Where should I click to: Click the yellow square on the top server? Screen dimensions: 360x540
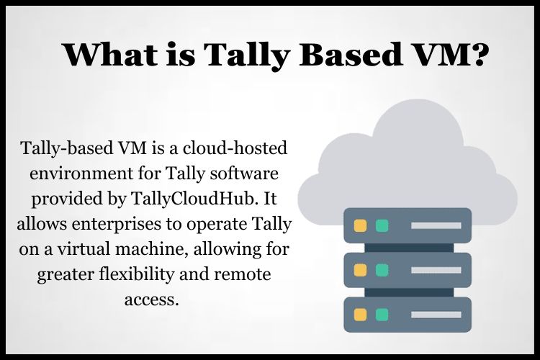coord(360,225)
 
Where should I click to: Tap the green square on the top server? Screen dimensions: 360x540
coord(382,225)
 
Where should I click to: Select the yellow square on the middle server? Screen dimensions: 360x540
coord(360,270)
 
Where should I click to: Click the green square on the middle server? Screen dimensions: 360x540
coord(382,270)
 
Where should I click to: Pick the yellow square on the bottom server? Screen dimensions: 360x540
coord(360,315)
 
